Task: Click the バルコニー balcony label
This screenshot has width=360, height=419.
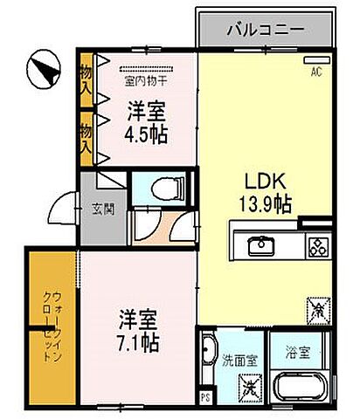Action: pos(266,29)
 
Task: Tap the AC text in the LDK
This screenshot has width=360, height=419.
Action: pos(316,72)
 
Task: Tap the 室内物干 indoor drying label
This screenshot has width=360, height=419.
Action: pos(147,83)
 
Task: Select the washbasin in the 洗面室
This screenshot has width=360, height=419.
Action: pos(207,354)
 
